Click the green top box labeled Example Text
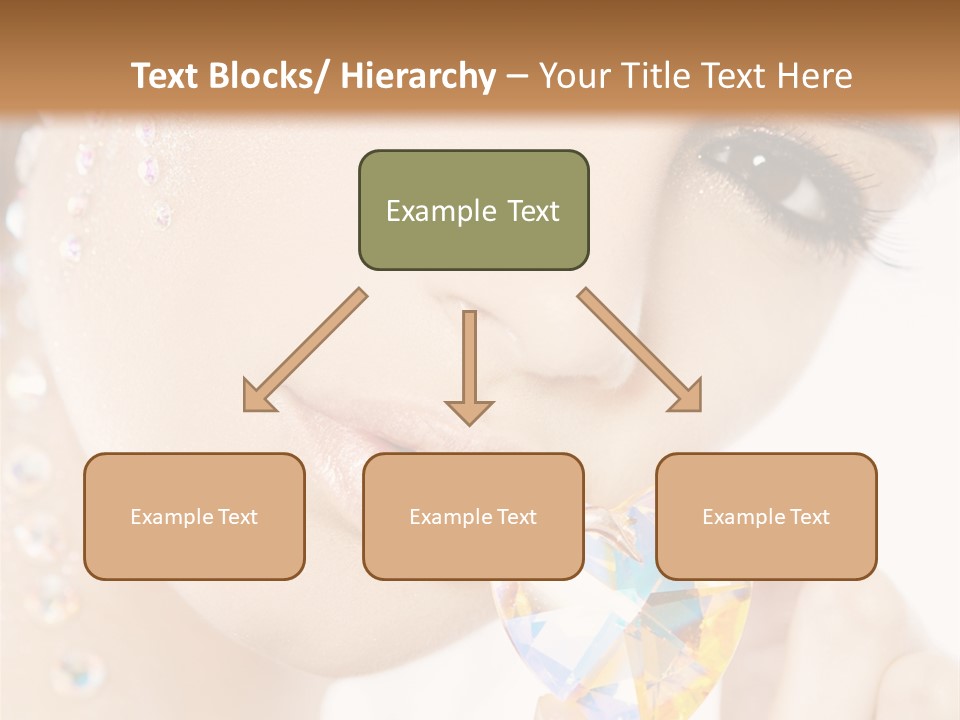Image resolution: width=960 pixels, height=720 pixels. pos(473,210)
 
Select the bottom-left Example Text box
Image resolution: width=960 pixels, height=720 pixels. pos(194,516)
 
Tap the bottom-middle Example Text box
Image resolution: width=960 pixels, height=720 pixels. pos(473,516)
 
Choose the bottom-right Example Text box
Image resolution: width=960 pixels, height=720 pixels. pos(766,516)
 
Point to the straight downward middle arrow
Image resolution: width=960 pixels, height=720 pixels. pos(470,360)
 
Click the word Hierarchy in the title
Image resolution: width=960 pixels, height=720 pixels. pos(418,76)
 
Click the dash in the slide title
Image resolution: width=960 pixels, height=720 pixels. pos(517,76)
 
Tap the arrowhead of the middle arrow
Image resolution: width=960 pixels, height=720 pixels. pos(470,412)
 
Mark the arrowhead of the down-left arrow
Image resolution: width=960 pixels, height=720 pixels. pos(257,397)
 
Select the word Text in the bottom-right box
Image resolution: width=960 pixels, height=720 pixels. pos(809,516)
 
